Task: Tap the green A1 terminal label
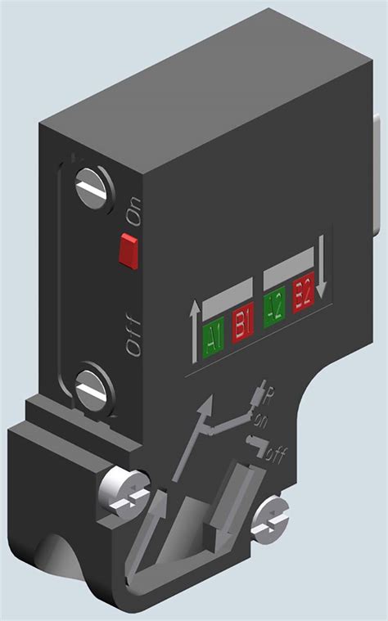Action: coord(212,336)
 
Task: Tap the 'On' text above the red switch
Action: coord(133,213)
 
